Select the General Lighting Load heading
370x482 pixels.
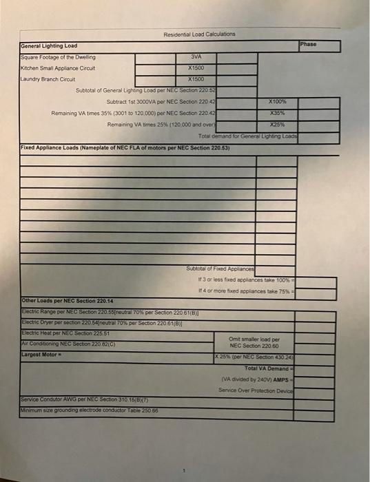click(48, 46)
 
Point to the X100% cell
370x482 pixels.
click(277, 101)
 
